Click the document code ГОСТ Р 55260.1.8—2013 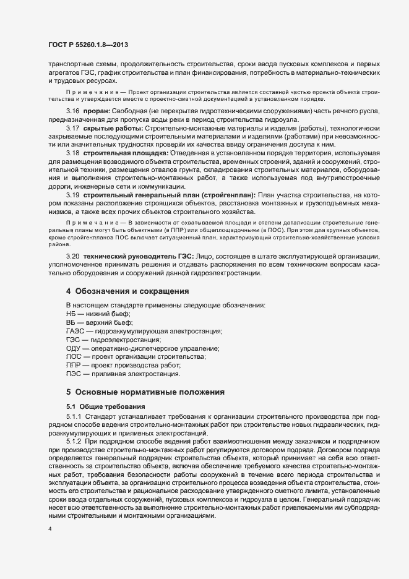click(88, 45)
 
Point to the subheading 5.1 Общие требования click(106, 406)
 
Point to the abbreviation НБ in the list click(71, 314)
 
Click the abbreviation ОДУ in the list click(74, 349)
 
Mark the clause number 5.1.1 click(76, 418)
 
